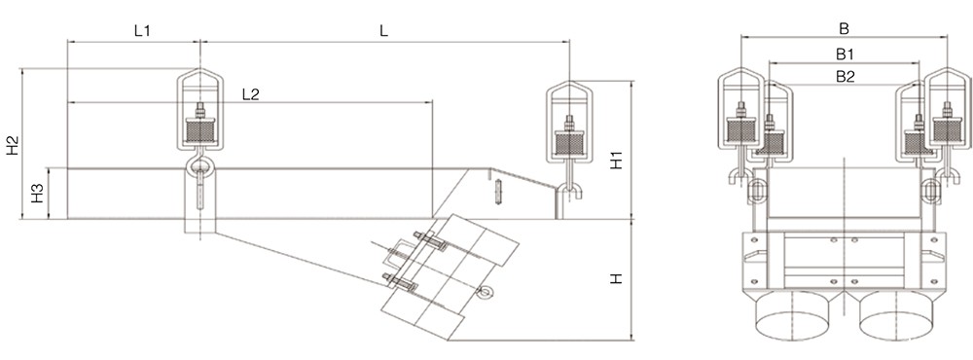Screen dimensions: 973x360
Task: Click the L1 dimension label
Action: (143, 31)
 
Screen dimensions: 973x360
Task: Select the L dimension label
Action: (384, 31)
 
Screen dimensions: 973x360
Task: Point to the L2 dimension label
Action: (251, 93)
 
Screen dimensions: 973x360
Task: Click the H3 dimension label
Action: (38, 194)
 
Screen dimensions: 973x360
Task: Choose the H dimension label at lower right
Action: (616, 279)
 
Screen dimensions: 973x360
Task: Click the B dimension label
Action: (844, 28)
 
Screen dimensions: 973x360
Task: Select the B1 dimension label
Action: (846, 54)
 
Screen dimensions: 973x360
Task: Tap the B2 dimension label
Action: (846, 76)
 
